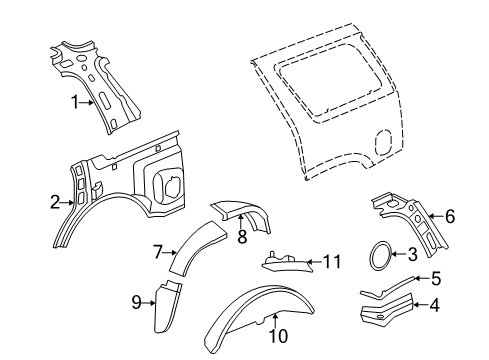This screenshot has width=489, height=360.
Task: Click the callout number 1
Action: [75, 102]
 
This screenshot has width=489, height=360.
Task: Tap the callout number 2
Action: [55, 202]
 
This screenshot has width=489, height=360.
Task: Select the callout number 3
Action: [413, 254]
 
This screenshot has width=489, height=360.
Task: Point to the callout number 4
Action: [434, 305]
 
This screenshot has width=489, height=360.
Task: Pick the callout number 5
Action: [436, 279]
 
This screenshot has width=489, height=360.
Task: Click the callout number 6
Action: [450, 217]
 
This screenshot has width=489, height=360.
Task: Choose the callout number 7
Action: [158, 252]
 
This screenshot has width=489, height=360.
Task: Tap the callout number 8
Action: [242, 236]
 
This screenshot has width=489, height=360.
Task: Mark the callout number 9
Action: [137, 303]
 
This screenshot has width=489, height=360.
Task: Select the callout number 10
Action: [278, 336]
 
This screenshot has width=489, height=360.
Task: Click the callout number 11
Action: [332, 262]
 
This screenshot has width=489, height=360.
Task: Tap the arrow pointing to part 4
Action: [421, 304]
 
